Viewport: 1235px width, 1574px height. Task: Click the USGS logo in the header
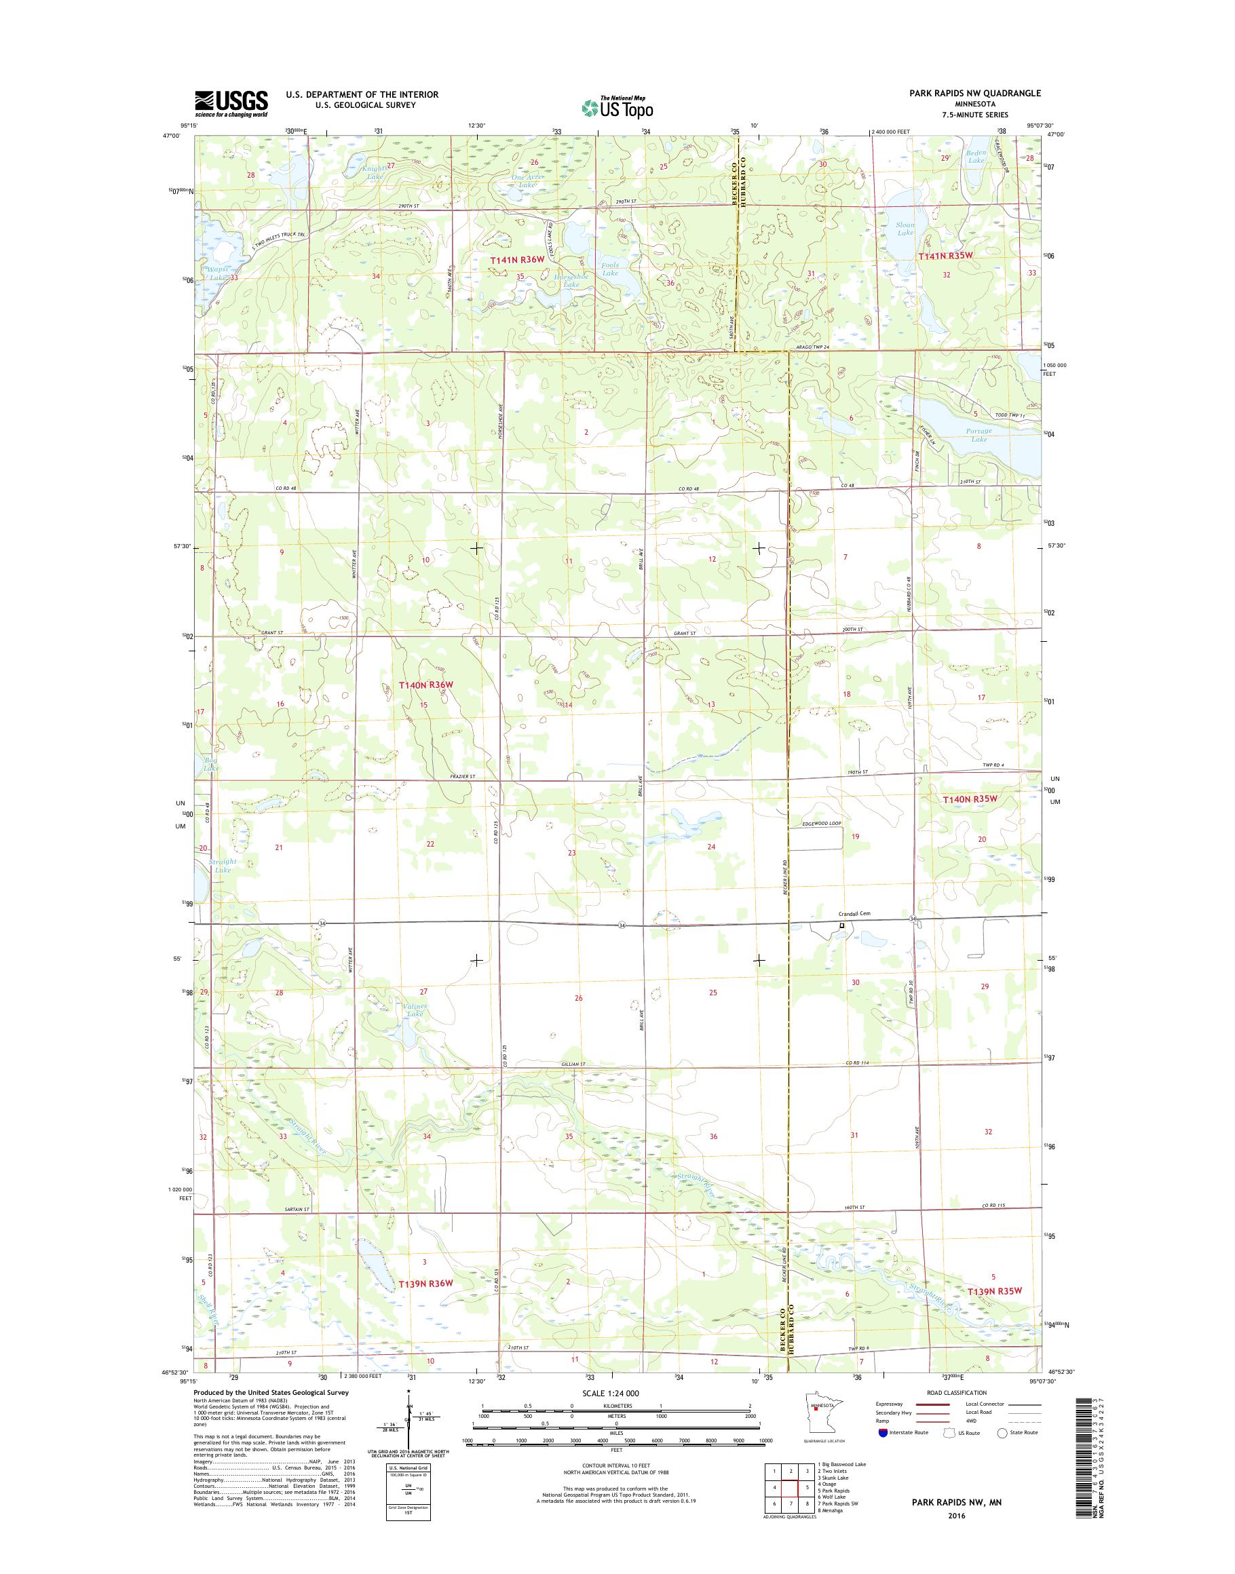pyautogui.click(x=231, y=103)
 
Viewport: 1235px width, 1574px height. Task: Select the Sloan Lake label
pyautogui.click(x=905, y=229)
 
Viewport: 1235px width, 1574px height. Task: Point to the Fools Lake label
pyautogui.click(x=610, y=268)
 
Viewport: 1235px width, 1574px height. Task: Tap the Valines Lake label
pyautogui.click(x=415, y=1010)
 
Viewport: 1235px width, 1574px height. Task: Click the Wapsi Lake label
pyautogui.click(x=218, y=273)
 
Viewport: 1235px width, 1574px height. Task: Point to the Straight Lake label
pyautogui.click(x=222, y=866)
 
